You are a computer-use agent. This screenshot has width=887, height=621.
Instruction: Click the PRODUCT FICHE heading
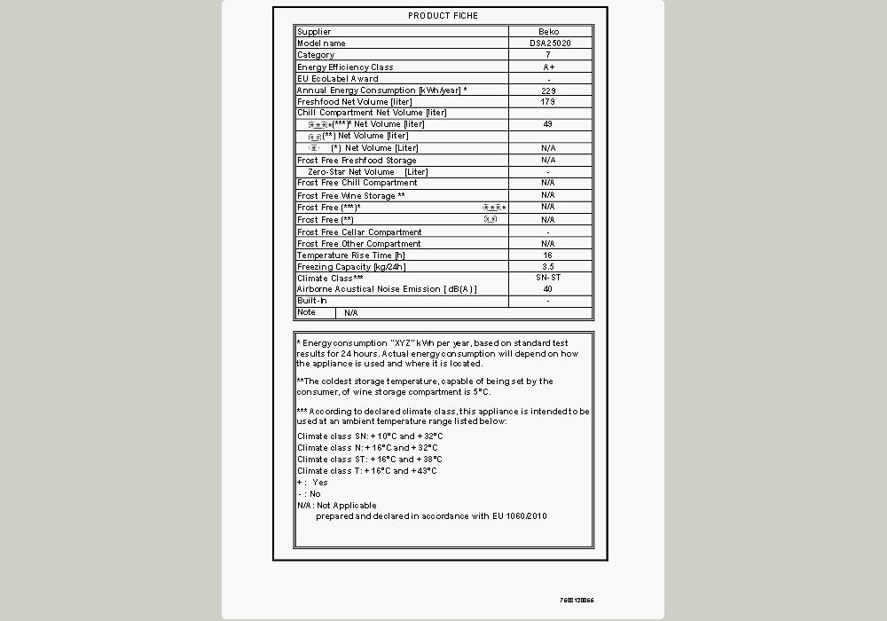pos(443,16)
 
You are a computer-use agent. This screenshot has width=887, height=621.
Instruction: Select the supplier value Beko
pos(548,32)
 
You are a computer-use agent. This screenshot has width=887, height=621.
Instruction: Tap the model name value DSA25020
pos(548,43)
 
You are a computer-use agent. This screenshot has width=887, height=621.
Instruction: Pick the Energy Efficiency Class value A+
pos(548,67)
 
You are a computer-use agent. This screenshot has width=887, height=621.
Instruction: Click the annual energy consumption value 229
pos(548,90)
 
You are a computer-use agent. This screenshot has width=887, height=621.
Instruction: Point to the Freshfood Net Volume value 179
pos(548,102)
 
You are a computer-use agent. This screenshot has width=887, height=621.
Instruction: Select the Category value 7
pos(548,55)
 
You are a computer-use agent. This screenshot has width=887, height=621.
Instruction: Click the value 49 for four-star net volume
pos(548,124)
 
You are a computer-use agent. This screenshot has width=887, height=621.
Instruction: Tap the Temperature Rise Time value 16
pos(548,255)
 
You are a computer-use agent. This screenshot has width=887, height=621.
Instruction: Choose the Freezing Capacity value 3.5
pos(548,267)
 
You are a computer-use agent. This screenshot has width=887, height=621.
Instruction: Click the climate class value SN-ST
pos(548,278)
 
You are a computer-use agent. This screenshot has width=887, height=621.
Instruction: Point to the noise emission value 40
pos(548,289)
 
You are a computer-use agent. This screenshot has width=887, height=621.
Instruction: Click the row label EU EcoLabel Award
pos(337,79)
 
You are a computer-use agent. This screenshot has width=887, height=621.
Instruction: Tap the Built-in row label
pos(312,301)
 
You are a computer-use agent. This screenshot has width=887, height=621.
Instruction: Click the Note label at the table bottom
pos(307,312)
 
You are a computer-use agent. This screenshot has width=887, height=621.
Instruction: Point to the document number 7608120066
pos(577,601)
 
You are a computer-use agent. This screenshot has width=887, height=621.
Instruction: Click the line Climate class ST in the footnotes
pos(370,460)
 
